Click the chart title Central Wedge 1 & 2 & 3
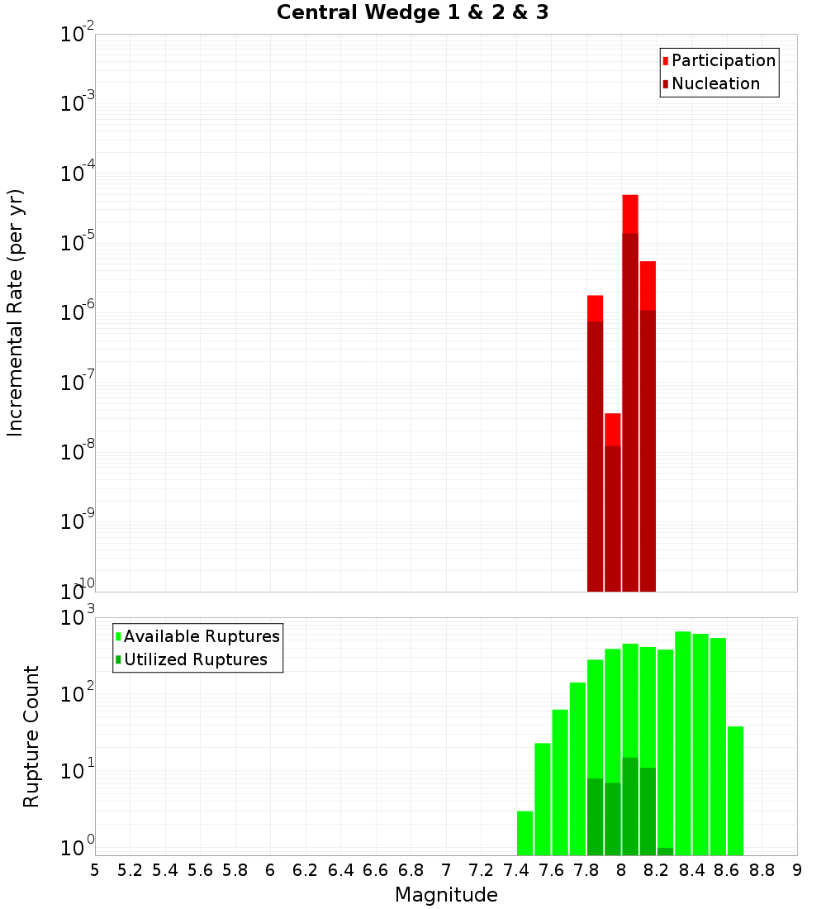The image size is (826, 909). tap(412, 13)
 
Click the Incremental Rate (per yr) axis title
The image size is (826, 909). tap(16, 313)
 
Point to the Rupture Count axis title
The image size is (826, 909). tap(31, 736)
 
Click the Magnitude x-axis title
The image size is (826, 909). tap(446, 895)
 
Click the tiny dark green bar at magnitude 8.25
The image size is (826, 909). tap(665, 851)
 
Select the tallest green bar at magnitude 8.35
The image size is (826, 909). tap(683, 744)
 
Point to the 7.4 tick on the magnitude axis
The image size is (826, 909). tap(516, 870)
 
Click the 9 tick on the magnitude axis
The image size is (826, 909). tap(797, 870)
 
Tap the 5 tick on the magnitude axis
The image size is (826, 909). tap(95, 870)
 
